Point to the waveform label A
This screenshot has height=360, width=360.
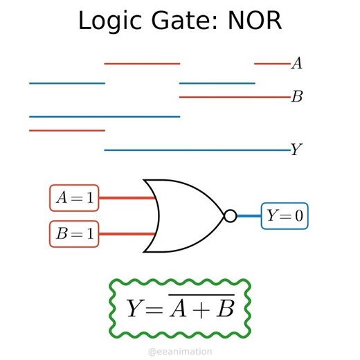[296, 64]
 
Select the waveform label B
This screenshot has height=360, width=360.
[296, 97]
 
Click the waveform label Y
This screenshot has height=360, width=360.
[296, 150]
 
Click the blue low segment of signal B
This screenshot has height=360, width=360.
[104, 116]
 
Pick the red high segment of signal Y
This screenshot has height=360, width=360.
[66, 130]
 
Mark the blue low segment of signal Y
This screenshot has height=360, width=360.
[197, 150]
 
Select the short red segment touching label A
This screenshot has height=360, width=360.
[271, 64]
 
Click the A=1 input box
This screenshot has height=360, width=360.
[74, 198]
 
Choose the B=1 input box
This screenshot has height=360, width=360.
[74, 234]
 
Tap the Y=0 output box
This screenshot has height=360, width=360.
[285, 216]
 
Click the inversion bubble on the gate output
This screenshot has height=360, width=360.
[230, 216]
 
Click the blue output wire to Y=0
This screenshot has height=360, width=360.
[249, 216]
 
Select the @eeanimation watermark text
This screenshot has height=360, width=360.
[180, 352]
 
